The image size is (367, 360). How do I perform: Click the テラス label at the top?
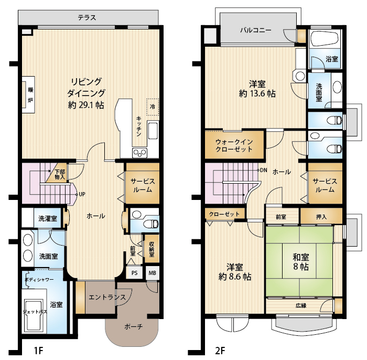tap(87, 17)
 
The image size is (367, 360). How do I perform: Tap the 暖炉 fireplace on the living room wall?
tap(28, 94)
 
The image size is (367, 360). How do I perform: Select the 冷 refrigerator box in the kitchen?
tap(153, 107)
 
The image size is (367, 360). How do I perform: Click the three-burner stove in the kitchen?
tap(140, 153)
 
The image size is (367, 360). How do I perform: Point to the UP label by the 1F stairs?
tap(82, 194)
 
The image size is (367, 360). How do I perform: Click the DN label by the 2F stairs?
tap(264, 170)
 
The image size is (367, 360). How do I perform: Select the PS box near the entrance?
tap(134, 273)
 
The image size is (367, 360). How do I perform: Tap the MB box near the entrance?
tap(153, 273)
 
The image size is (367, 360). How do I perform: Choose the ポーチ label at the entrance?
tap(133, 326)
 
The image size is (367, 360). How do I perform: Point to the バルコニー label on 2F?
tap(256, 30)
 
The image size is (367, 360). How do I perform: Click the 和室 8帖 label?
tap(301, 262)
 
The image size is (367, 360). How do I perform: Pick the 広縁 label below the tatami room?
tap(301, 305)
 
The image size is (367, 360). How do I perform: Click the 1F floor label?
tap(38, 351)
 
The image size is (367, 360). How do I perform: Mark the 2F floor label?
tap(220, 351)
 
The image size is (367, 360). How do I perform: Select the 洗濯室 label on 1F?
tap(48, 219)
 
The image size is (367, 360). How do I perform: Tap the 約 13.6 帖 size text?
tap(257, 94)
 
